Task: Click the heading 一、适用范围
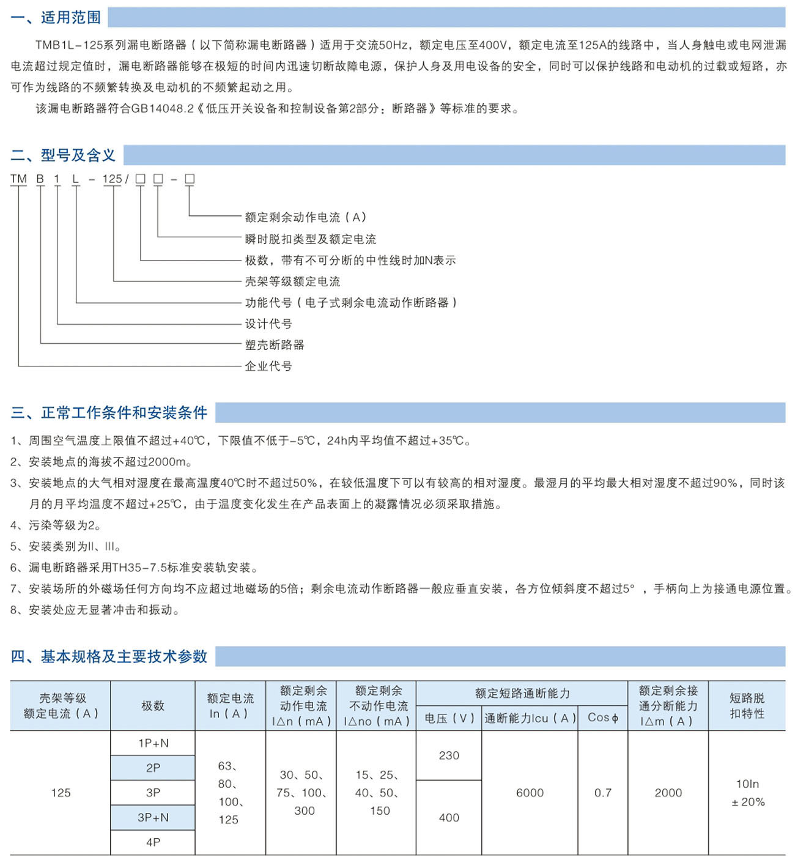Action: (x=56, y=17)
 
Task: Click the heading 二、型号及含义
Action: (x=63, y=155)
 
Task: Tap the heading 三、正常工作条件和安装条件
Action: (x=109, y=413)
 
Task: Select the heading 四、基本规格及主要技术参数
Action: (x=109, y=656)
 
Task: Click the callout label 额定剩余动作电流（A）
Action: (x=306, y=217)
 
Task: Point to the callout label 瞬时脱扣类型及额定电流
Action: (x=311, y=239)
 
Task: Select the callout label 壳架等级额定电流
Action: (x=292, y=281)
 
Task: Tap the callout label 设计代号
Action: (x=268, y=324)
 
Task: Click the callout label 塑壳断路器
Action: (x=275, y=345)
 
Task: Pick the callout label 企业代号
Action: (x=268, y=366)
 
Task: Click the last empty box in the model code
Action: (x=190, y=179)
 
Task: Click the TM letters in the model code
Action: (x=19, y=179)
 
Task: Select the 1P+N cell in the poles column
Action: (x=153, y=743)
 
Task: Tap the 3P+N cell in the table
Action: (x=153, y=817)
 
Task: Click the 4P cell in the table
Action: (x=153, y=842)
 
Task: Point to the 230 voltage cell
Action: (x=449, y=755)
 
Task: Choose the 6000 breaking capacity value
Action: (x=530, y=793)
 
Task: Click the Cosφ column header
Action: (x=603, y=718)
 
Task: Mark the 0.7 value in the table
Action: (x=603, y=793)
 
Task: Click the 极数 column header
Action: (x=153, y=706)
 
